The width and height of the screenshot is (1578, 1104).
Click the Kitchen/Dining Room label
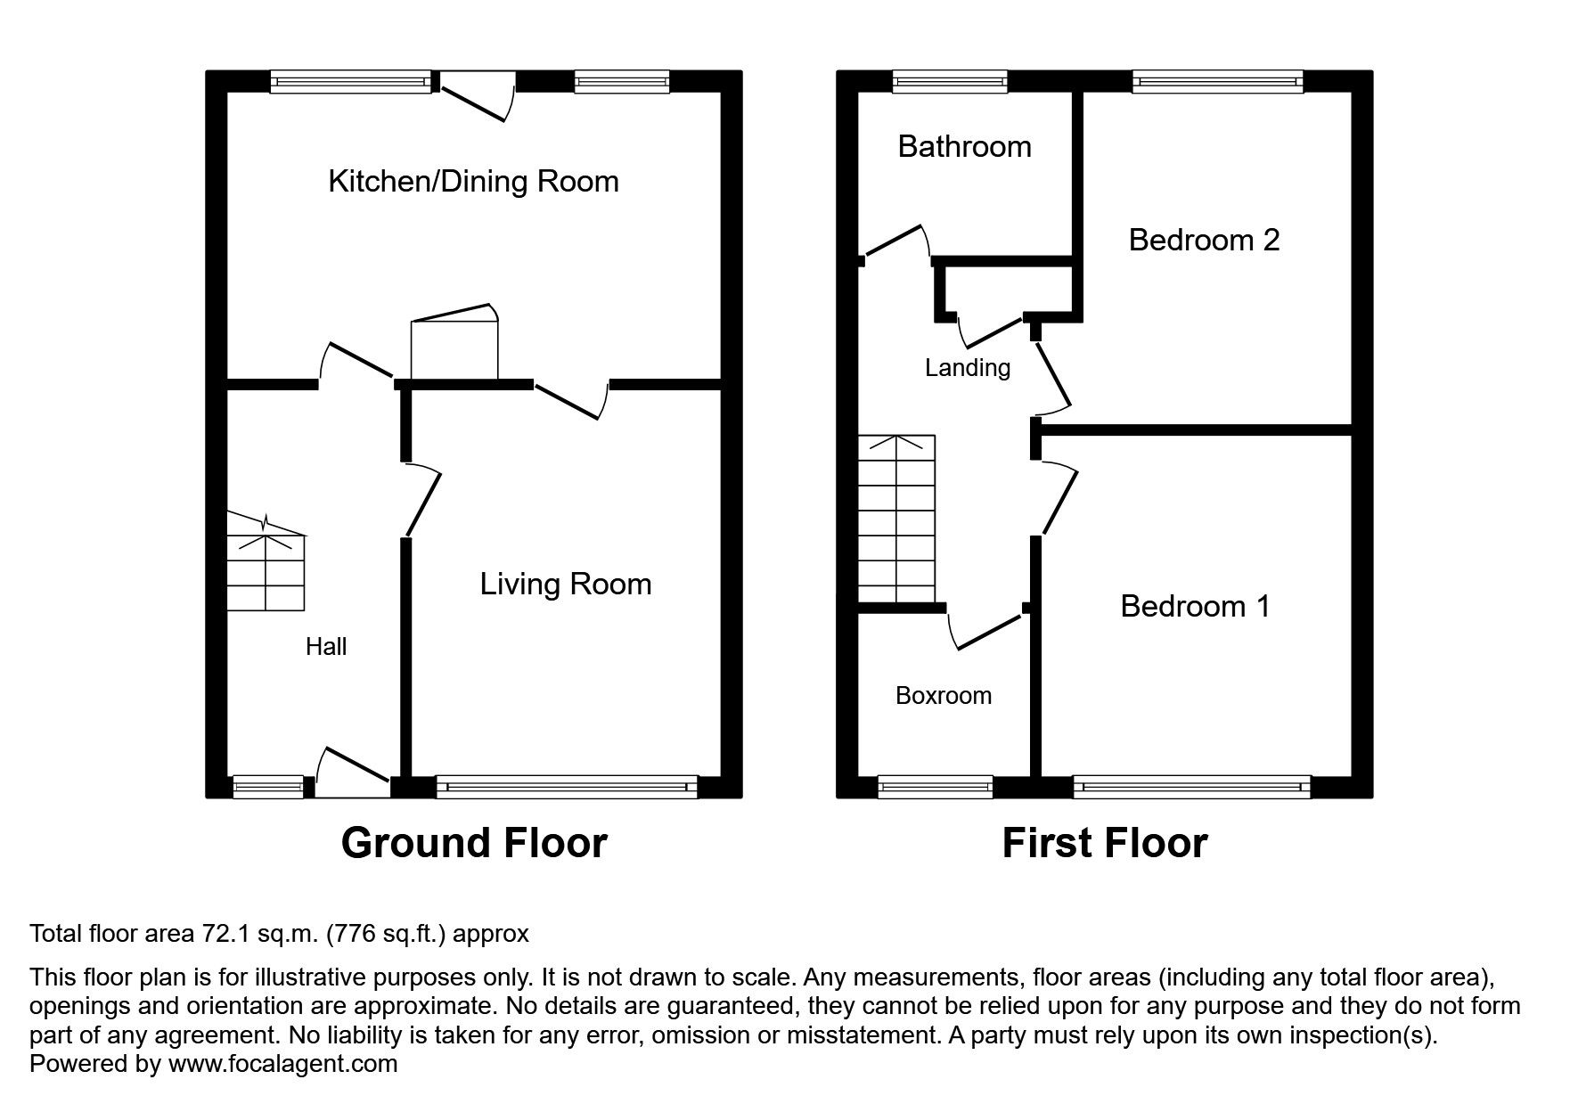pos(473,182)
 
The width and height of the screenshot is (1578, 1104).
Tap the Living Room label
pos(566,585)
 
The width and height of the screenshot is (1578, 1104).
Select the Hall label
pos(326,647)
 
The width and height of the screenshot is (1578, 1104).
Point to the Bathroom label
pos(964,146)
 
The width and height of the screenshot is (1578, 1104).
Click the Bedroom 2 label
pos(1204,240)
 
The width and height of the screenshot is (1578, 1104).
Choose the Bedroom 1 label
pos(1195,606)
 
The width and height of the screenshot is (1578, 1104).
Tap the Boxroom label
pos(944,695)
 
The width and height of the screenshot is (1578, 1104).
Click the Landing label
pos(968,368)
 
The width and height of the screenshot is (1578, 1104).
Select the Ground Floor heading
pos(474,843)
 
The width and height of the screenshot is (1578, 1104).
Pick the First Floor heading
pos(1105,843)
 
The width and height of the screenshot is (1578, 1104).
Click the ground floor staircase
pos(266,561)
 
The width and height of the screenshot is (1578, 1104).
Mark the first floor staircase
pos(896,519)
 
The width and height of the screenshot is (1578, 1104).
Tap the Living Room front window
pos(567,787)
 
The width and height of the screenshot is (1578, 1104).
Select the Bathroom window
pos(951,82)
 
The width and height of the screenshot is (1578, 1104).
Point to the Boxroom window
pos(936,787)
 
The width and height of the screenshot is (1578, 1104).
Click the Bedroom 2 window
pos(1218,82)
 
